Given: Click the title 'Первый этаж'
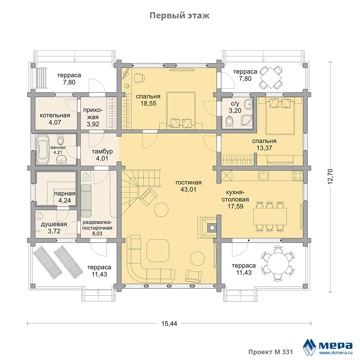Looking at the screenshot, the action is (x=180, y=15).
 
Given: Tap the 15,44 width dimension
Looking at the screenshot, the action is (x=169, y=324).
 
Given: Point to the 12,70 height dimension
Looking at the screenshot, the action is (x=330, y=176).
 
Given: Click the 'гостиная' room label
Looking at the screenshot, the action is (x=189, y=183).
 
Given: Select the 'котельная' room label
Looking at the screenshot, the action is (x=55, y=115).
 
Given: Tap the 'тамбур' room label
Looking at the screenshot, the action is (x=102, y=152).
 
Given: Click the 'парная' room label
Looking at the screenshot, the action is (x=64, y=194).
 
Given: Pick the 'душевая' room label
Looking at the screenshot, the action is (x=54, y=224).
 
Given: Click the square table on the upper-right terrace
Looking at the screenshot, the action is (x=271, y=78).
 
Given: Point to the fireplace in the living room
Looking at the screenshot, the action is (x=207, y=228).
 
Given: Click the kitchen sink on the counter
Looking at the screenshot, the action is (x=264, y=175).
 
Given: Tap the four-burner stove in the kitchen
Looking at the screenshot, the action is (x=298, y=176).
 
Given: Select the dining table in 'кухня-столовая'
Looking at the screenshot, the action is (x=270, y=216).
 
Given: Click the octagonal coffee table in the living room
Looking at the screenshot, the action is (x=158, y=251).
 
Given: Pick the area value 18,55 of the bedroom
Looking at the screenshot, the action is (x=148, y=104).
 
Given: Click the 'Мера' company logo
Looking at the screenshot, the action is (x=328, y=347).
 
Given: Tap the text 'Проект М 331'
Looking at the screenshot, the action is (x=270, y=352).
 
